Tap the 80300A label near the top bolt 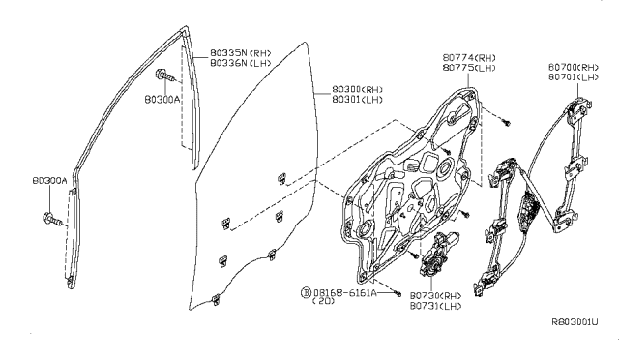[x=161, y=98]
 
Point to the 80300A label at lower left [x=49, y=179]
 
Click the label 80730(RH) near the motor [x=436, y=294]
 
